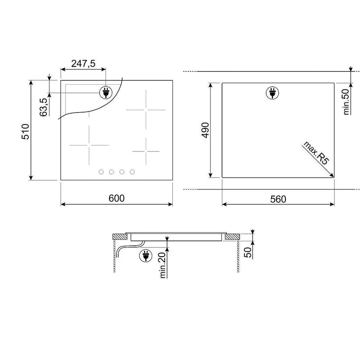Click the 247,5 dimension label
(x=83, y=64)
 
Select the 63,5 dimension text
(x=43, y=107)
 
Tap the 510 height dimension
(x=25, y=131)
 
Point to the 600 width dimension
(x=117, y=199)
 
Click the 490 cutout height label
(x=205, y=130)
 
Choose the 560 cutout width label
(x=278, y=199)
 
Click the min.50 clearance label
(x=346, y=102)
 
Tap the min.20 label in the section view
(x=163, y=265)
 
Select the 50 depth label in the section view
(x=248, y=252)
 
